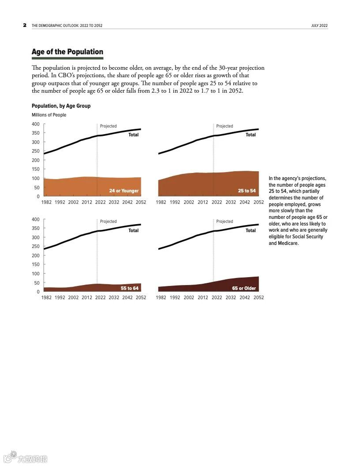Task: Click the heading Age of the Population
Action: [x=67, y=52]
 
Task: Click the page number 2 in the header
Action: [x=25, y=25]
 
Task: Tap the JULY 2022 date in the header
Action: [x=319, y=26]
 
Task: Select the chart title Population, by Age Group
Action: [x=61, y=106]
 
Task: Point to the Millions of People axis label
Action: [x=49, y=115]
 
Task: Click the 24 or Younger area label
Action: [x=124, y=191]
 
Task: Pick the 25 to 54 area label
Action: [x=247, y=191]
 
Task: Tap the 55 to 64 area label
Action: [x=130, y=288]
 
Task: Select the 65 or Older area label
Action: [x=244, y=288]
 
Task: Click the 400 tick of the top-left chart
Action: [x=36, y=124]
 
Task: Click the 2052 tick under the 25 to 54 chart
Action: [x=259, y=202]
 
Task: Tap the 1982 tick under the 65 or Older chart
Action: [x=161, y=297]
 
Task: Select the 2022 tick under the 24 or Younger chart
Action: [x=101, y=202]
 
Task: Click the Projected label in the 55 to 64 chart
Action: [x=108, y=222]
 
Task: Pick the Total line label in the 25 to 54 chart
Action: [x=251, y=135]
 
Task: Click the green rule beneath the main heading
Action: [x=67, y=58]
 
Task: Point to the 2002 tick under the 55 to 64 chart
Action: [x=73, y=297]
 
